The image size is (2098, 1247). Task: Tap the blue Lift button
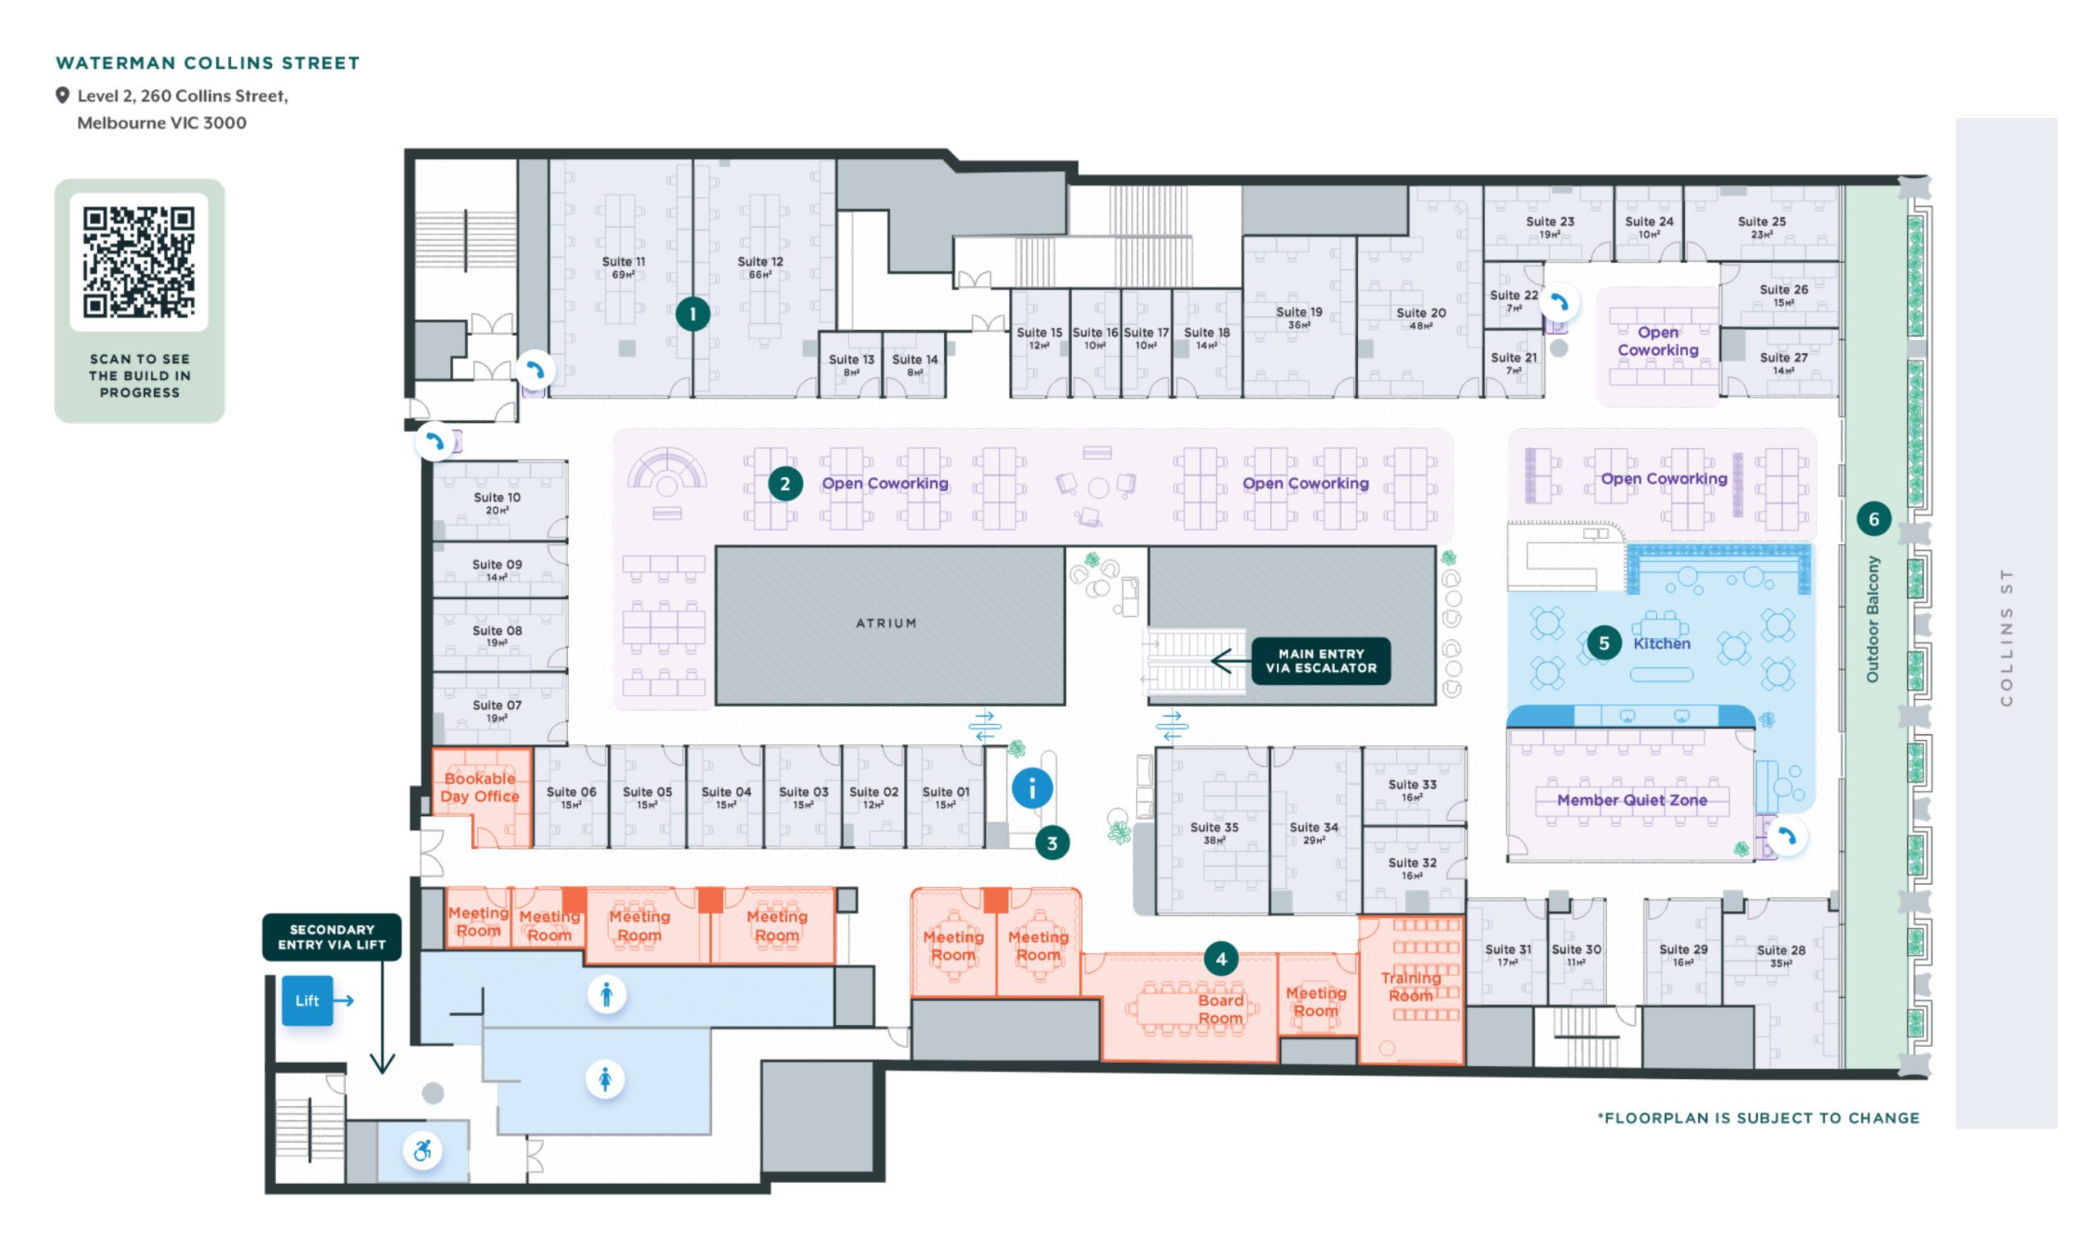[x=307, y=1000]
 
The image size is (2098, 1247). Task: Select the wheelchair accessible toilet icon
[x=422, y=1150]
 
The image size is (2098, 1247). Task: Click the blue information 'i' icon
[x=1031, y=788]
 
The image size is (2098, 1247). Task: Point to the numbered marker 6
[x=1873, y=519]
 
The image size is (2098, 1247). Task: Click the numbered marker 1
[x=693, y=314]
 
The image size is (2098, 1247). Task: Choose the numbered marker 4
[x=1220, y=958]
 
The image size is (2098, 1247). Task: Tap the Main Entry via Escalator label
[x=1320, y=660]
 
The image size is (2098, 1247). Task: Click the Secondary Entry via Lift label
[x=331, y=937]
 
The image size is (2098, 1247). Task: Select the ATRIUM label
[x=886, y=623]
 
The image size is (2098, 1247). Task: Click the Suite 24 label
[x=1648, y=226]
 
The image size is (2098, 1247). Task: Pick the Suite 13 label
[x=851, y=364]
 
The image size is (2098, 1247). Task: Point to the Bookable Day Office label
[x=480, y=787]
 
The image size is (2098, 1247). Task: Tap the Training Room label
[x=1410, y=986]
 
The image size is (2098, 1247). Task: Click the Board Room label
[x=1220, y=1009]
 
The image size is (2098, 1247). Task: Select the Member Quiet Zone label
[x=1632, y=800]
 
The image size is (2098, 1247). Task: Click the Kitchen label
[x=1661, y=643]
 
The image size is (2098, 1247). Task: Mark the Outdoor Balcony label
[x=1872, y=619]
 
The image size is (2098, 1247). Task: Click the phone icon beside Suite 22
[x=1560, y=303]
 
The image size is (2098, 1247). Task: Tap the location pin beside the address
[x=62, y=96]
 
